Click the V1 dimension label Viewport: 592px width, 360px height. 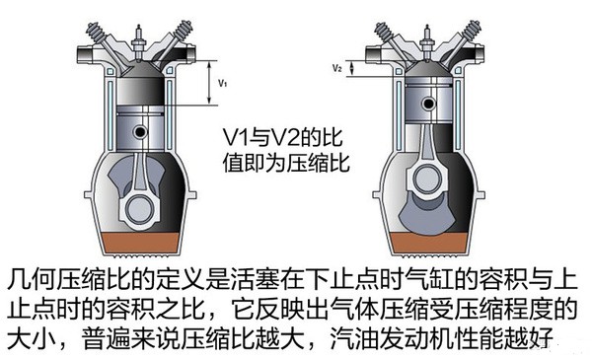pyautogui.click(x=223, y=83)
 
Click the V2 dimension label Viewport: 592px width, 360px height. pyautogui.click(x=337, y=68)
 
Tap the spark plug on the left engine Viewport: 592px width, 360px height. pyautogui.click(x=139, y=42)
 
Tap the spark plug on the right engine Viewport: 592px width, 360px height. pyautogui.click(x=427, y=42)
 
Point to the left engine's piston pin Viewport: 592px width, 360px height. pyautogui.click(x=140, y=132)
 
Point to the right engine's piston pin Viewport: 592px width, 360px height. pyautogui.click(x=428, y=103)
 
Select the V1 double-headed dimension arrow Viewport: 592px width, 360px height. pyautogui.click(x=209, y=83)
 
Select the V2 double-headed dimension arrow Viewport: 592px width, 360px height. pyautogui.click(x=352, y=68)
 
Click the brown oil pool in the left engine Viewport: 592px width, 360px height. pyautogui.click(x=140, y=243)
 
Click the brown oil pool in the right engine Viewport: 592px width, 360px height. pyautogui.click(x=428, y=243)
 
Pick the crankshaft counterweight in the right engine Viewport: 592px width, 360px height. pyautogui.click(x=428, y=215)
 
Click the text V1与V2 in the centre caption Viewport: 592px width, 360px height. pyautogui.click(x=268, y=138)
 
